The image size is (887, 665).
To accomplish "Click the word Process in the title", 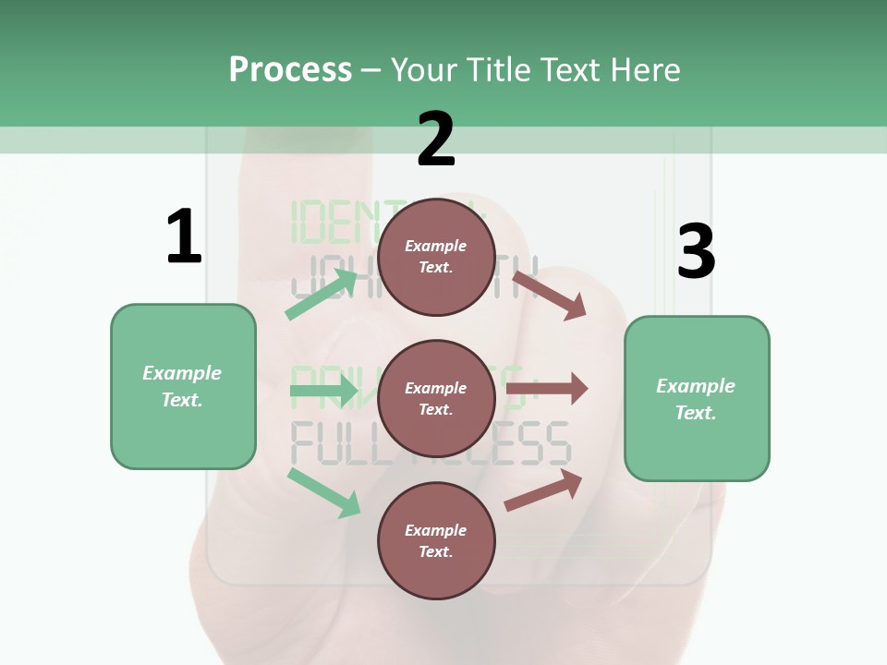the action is (x=290, y=70).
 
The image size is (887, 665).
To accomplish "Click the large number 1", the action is (x=184, y=237).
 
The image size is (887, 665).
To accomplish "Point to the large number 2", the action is (x=436, y=139).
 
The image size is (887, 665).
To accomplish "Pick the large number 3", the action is (x=696, y=252).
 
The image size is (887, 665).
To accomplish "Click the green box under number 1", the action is (x=183, y=386).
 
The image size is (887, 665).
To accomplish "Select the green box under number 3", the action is (x=697, y=399).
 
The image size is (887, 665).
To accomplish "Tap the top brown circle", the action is (x=436, y=257).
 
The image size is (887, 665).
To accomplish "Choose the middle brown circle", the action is (x=436, y=399).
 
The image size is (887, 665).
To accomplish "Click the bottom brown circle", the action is (x=436, y=541).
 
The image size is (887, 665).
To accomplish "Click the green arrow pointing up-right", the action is (x=322, y=293).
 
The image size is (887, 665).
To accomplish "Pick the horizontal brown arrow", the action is (x=547, y=389).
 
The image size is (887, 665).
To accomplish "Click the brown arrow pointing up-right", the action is (x=544, y=490).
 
